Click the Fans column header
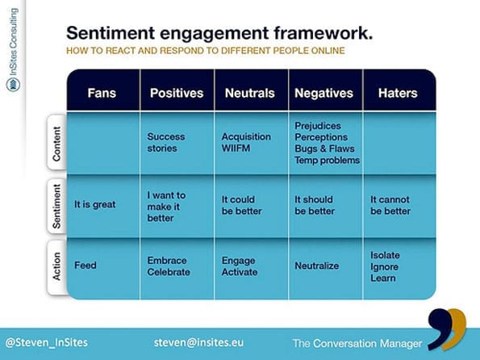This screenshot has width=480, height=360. click(102, 93)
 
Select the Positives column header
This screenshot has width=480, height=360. click(177, 93)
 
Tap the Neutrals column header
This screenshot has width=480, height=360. click(249, 93)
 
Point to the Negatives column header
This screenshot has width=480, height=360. click(323, 93)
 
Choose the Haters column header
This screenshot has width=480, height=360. click(398, 93)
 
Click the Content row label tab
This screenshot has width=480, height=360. click(57, 143)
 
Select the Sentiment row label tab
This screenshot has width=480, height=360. click(57, 206)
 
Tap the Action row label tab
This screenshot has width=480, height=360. click(57, 266)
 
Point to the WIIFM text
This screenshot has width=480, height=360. click(236, 149)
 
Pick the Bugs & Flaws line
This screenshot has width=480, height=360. click(324, 149)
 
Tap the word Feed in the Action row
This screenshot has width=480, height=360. click(85, 265)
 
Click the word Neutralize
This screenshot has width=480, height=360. click(316, 266)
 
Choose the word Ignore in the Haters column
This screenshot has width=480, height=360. click(384, 267)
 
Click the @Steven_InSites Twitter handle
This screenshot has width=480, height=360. click(47, 342)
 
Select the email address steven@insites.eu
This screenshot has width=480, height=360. click(198, 342)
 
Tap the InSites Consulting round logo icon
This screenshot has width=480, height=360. click(13, 84)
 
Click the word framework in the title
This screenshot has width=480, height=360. click(323, 33)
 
